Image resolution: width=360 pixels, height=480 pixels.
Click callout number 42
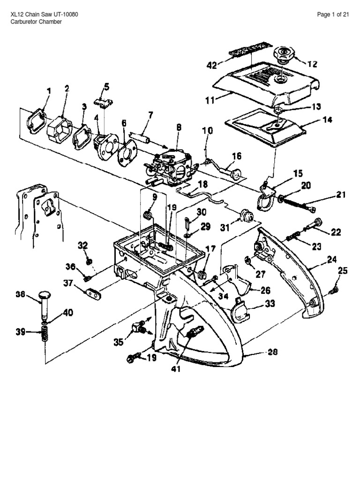point(211,66)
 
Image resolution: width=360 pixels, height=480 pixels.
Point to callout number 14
point(327,120)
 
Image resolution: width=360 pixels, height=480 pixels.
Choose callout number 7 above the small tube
point(150,115)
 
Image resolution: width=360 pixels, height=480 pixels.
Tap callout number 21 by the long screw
point(340,195)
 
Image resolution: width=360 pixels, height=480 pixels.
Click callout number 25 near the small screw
point(343,270)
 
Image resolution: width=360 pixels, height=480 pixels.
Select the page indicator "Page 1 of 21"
point(333,15)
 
